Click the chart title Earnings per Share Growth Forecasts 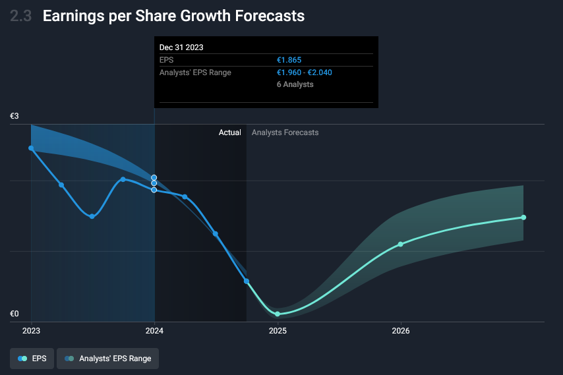pyautogui.click(x=173, y=16)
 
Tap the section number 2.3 pyautogui.click(x=21, y=16)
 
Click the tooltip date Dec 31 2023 pyautogui.click(x=181, y=47)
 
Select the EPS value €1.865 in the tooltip pyautogui.click(x=289, y=60)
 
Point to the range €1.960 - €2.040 pyautogui.click(x=304, y=72)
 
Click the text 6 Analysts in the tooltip pyautogui.click(x=295, y=84)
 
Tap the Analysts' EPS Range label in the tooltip pyautogui.click(x=195, y=72)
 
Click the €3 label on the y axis pyautogui.click(x=15, y=116)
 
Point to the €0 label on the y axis pyautogui.click(x=15, y=314)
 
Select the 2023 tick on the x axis pyautogui.click(x=31, y=330)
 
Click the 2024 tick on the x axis pyautogui.click(x=154, y=330)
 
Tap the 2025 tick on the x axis pyautogui.click(x=278, y=330)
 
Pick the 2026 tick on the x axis pyautogui.click(x=401, y=330)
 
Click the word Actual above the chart pyautogui.click(x=230, y=132)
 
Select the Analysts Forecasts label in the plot pyautogui.click(x=285, y=132)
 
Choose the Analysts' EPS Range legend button pyautogui.click(x=108, y=359)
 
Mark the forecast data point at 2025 pyautogui.click(x=278, y=314)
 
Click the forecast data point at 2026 pyautogui.click(x=401, y=245)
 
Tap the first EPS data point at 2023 pyautogui.click(x=31, y=148)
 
